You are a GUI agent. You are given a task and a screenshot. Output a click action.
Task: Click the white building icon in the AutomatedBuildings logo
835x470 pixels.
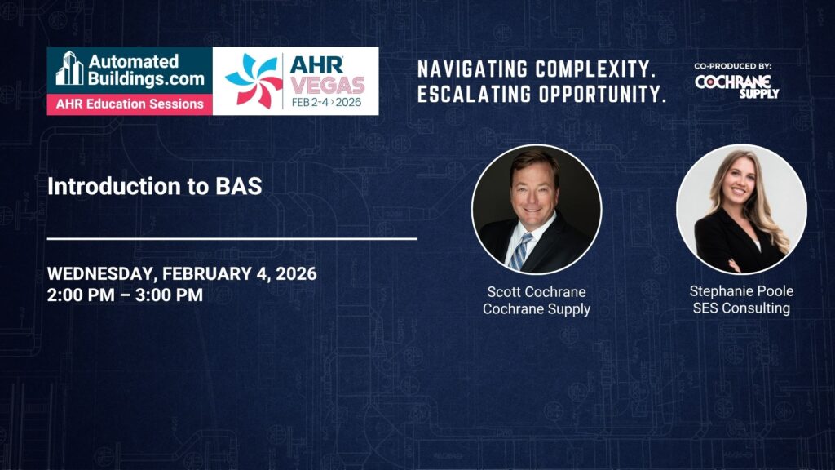click(70, 69)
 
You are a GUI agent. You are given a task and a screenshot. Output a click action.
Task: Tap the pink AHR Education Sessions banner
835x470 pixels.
click(130, 104)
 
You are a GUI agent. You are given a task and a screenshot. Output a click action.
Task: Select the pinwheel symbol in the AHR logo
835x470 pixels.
click(254, 81)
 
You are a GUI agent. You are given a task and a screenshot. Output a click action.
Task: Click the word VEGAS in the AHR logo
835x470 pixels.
click(328, 85)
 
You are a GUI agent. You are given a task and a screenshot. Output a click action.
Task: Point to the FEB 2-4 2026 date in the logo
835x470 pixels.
click(326, 102)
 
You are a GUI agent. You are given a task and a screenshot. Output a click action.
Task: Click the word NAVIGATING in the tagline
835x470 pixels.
click(473, 69)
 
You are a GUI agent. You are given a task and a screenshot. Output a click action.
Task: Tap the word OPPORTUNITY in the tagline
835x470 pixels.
click(602, 95)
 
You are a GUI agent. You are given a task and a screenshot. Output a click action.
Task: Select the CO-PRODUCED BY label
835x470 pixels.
click(733, 66)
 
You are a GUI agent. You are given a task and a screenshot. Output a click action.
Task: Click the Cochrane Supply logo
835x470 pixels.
click(737, 86)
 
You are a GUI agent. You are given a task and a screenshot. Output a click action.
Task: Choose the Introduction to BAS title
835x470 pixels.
click(154, 186)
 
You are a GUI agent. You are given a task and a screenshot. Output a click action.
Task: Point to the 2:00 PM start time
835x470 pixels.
click(81, 295)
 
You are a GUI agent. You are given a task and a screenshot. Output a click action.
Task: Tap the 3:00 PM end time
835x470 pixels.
click(169, 295)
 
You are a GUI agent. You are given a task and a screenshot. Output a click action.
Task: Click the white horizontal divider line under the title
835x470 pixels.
click(232, 239)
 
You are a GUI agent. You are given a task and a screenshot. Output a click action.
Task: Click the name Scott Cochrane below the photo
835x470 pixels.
click(537, 292)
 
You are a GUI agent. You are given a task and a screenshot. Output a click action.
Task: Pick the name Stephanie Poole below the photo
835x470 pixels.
click(741, 291)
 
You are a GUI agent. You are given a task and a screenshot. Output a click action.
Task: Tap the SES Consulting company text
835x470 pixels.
click(741, 308)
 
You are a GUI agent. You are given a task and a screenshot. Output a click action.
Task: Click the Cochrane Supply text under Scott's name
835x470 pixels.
click(537, 309)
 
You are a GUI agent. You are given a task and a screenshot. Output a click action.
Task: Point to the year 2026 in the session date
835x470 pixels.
click(296, 274)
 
